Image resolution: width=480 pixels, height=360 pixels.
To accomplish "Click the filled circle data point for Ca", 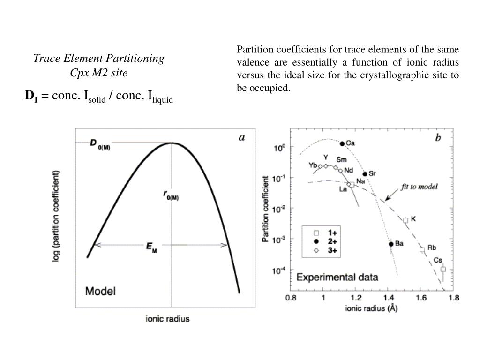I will [342, 143].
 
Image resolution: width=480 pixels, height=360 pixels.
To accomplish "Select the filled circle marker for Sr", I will [365, 174].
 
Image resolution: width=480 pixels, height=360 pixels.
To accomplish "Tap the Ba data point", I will [391, 244].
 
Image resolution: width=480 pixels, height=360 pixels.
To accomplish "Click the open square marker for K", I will [405, 220].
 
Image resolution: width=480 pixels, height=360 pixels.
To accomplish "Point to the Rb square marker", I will [422, 249].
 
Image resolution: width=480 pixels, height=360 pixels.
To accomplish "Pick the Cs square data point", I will [443, 269].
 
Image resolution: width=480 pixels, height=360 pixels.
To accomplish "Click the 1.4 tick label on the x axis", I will [388, 297].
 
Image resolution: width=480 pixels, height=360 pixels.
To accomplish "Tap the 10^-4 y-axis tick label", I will [279, 271].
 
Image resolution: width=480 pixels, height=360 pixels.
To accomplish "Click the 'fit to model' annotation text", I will [419, 187].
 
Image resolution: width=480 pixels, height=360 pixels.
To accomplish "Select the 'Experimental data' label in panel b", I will [337, 277].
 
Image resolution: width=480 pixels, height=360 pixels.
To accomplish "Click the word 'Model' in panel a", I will [100, 291].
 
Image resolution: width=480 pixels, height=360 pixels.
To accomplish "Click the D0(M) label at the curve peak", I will [99, 143].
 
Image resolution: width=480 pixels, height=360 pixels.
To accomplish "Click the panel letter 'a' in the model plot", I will [242, 137].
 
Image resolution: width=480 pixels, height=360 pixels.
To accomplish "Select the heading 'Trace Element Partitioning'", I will [98, 59].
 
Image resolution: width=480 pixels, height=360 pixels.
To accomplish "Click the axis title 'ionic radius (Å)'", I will [371, 309].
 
